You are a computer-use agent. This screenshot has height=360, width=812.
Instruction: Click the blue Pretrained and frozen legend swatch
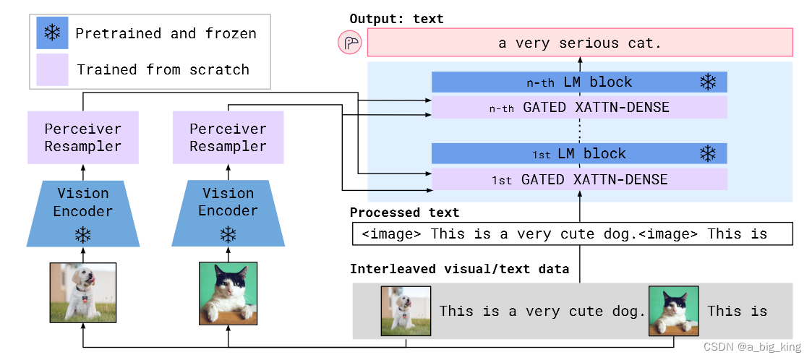click(x=52, y=33)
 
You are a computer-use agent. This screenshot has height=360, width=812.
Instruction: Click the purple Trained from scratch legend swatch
click(x=52, y=69)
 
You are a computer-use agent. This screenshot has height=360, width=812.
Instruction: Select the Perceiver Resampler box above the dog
click(x=82, y=137)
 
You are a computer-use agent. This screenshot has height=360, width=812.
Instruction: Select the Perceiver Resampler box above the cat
click(x=228, y=137)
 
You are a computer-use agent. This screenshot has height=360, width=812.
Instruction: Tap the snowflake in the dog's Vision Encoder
click(x=83, y=235)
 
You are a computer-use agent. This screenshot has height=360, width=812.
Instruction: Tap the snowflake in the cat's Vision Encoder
click(x=228, y=235)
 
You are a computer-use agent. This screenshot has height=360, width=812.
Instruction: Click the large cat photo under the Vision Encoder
click(x=228, y=293)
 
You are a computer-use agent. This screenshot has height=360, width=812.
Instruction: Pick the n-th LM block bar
click(x=578, y=82)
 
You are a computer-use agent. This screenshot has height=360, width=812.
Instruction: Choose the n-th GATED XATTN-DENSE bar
click(x=578, y=108)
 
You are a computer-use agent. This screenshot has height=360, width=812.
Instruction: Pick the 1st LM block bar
click(x=578, y=153)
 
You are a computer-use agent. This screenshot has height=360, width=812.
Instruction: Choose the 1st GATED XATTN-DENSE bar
click(x=578, y=179)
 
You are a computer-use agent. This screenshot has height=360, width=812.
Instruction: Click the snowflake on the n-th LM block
click(x=707, y=82)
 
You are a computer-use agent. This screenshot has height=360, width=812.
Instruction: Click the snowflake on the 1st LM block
click(x=707, y=153)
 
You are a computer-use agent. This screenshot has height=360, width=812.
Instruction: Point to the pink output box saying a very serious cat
click(x=579, y=43)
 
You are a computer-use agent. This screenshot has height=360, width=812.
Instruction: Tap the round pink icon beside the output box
click(x=349, y=43)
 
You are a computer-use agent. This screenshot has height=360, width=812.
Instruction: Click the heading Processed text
click(x=404, y=213)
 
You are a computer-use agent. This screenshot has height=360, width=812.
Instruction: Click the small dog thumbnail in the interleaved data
click(x=406, y=311)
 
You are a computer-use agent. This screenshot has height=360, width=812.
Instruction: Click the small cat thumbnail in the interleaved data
click(x=673, y=311)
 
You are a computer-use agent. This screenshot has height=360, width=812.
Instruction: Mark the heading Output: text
click(x=396, y=19)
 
